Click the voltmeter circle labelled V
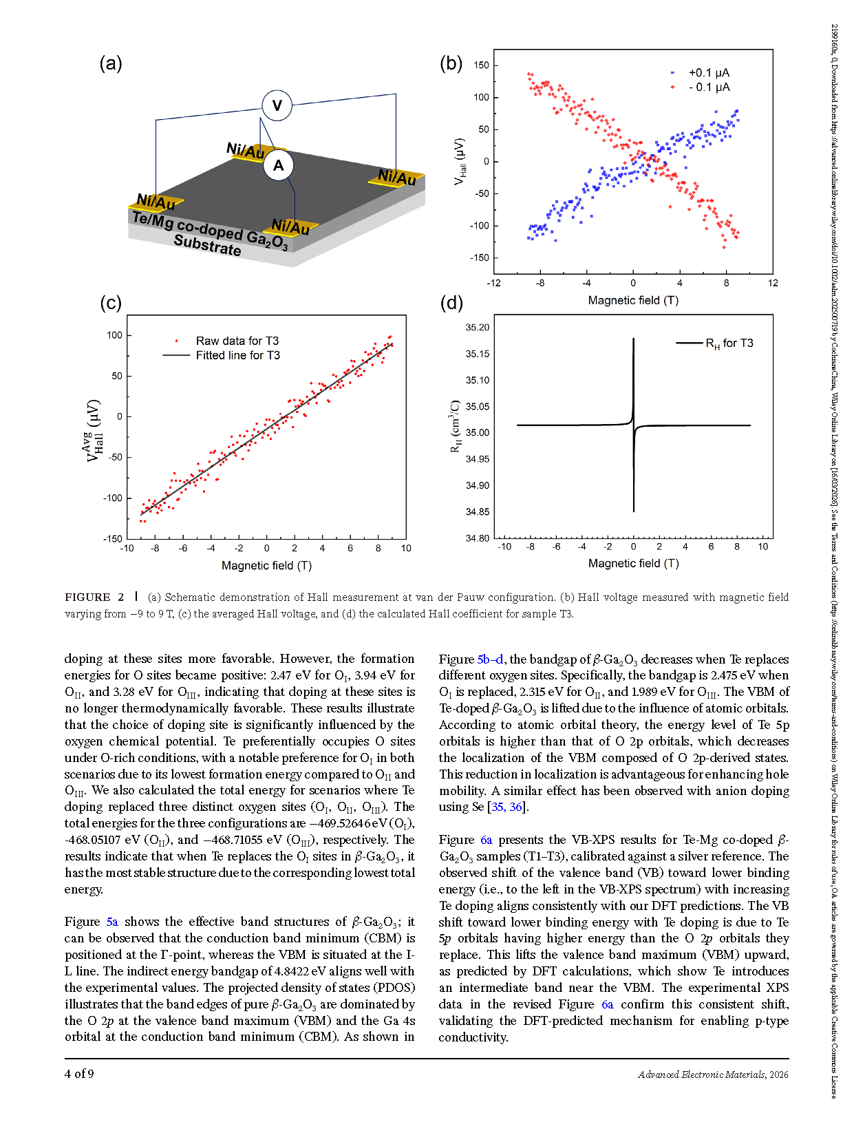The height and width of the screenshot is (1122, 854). pyautogui.click(x=277, y=105)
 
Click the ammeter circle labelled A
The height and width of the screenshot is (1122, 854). pyautogui.click(x=278, y=165)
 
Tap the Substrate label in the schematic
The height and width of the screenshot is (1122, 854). pyautogui.click(x=207, y=244)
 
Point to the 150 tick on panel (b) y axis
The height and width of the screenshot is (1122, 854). pyautogui.click(x=482, y=65)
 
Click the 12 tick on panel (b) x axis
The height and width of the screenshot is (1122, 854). pyautogui.click(x=773, y=283)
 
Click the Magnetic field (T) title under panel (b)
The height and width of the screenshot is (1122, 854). pyautogui.click(x=633, y=300)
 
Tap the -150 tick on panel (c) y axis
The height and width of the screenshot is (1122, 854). pyautogui.click(x=114, y=538)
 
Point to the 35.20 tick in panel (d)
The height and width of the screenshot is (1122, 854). pyautogui.click(x=478, y=328)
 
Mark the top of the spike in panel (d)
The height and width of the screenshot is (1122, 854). pyautogui.click(x=633, y=339)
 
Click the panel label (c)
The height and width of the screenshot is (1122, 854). pyautogui.click(x=110, y=303)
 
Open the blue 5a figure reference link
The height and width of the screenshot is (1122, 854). pyautogui.click(x=112, y=922)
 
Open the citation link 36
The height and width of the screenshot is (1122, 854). pyautogui.click(x=516, y=807)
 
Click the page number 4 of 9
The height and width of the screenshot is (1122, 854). pyautogui.click(x=79, y=1074)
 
